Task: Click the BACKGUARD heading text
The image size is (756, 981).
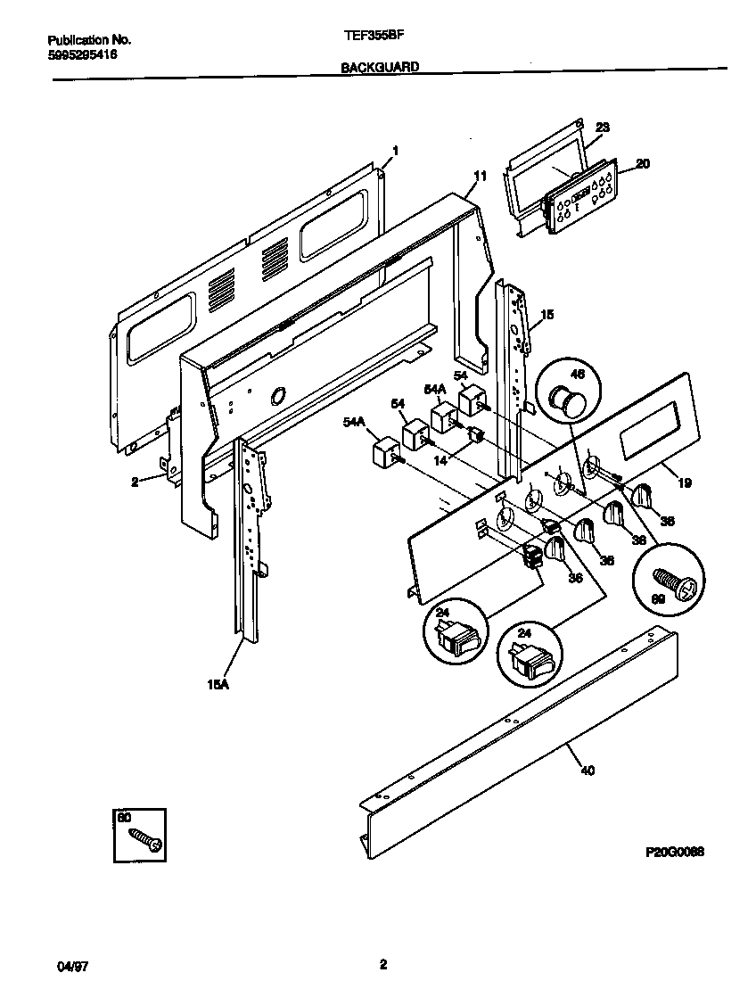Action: [x=380, y=67]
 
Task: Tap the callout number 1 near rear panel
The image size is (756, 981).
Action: [x=396, y=151]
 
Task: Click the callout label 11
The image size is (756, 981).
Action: [x=480, y=177]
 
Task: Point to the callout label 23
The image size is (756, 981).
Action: [x=602, y=128]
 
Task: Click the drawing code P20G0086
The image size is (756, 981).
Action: [x=674, y=852]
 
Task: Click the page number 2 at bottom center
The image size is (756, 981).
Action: [x=382, y=964]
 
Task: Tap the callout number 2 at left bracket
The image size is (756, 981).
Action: [x=135, y=482]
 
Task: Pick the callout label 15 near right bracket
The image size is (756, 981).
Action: [x=547, y=315]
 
